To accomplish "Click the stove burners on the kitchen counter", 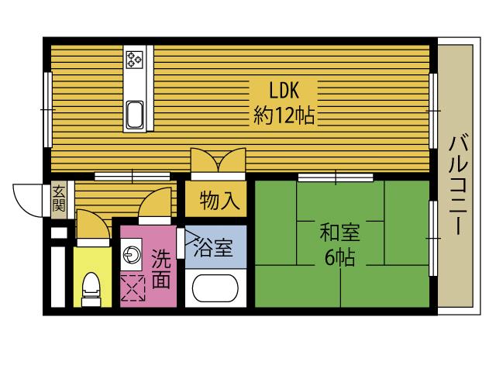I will tap(135, 59).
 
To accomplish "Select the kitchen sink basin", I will tap(134, 115).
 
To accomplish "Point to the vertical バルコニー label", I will tap(457, 184).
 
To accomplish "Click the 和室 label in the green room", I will tap(340, 231).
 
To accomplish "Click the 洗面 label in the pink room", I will tap(161, 269).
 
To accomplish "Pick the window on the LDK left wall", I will tap(47, 109).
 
